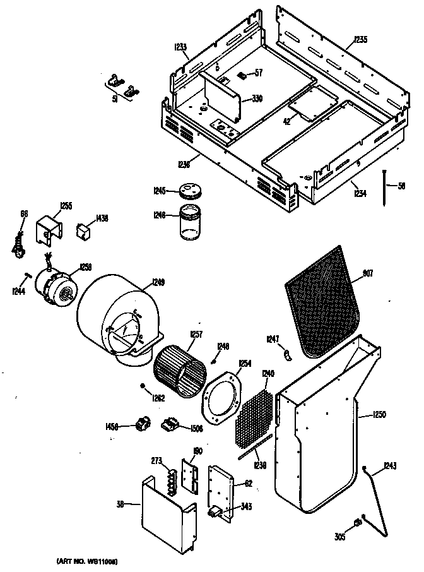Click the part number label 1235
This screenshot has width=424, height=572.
pyautogui.click(x=360, y=39)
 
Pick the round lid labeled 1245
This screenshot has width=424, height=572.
pyautogui.click(x=188, y=190)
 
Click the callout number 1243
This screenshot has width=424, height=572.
pyautogui.click(x=390, y=467)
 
